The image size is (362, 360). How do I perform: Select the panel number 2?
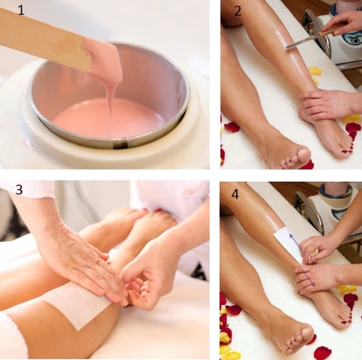(x=238, y=12)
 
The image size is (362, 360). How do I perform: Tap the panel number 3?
(x=19, y=189)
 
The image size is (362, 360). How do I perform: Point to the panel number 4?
(x=235, y=194)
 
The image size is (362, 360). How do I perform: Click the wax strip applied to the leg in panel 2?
(x=290, y=53)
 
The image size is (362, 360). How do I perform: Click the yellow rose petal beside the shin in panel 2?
(x=314, y=72)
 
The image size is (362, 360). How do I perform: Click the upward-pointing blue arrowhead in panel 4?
(x=291, y=236)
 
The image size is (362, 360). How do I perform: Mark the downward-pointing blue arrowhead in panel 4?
(x=312, y=284)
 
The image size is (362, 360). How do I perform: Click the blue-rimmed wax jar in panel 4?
(x=336, y=196)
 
